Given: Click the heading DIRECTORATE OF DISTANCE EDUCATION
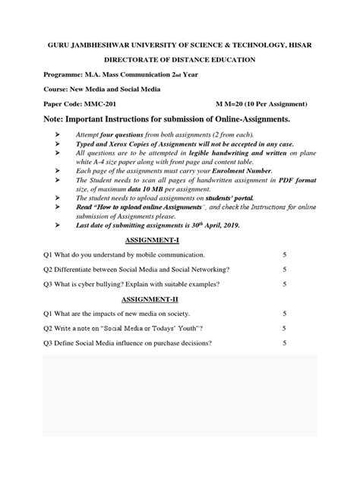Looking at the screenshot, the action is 179,59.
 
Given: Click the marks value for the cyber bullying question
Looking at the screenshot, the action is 284,283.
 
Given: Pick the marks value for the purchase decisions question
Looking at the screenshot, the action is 284,343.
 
